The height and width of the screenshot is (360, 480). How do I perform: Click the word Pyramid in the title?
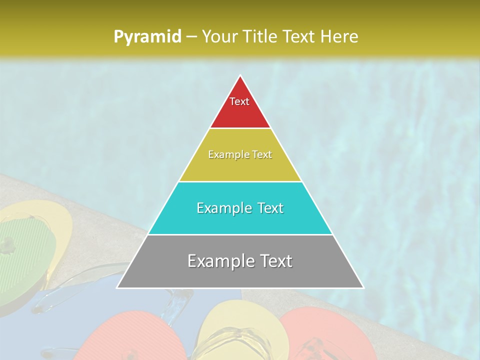coord(147,36)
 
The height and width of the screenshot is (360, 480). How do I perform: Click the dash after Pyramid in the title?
coord(191,37)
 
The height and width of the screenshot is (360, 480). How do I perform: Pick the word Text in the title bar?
coord(300,36)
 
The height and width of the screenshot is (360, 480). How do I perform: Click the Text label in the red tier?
coord(239,101)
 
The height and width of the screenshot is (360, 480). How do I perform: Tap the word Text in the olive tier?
coord(262,155)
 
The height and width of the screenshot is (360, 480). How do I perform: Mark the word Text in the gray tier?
coord(274,261)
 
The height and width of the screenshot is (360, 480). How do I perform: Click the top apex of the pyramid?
coord(240,75)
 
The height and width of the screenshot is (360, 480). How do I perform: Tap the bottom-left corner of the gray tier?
coord(117,287)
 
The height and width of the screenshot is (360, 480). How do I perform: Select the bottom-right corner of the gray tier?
coord(363,287)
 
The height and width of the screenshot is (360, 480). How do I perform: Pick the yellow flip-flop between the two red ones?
coord(235,330)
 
